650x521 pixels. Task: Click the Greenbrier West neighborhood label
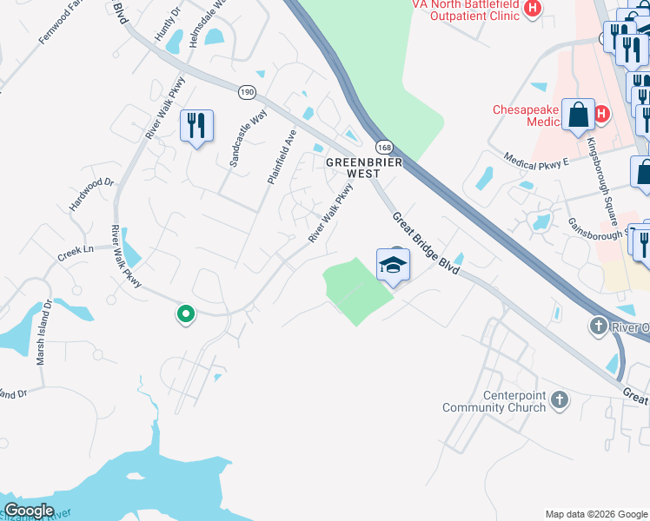353,168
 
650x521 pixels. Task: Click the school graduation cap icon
393,264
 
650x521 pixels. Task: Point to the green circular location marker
184,314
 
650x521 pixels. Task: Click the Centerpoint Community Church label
494,401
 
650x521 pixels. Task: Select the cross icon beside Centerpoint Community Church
560,400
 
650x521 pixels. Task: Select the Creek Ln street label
75,250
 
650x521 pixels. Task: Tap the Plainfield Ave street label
281,156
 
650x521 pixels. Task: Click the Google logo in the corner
29,511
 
